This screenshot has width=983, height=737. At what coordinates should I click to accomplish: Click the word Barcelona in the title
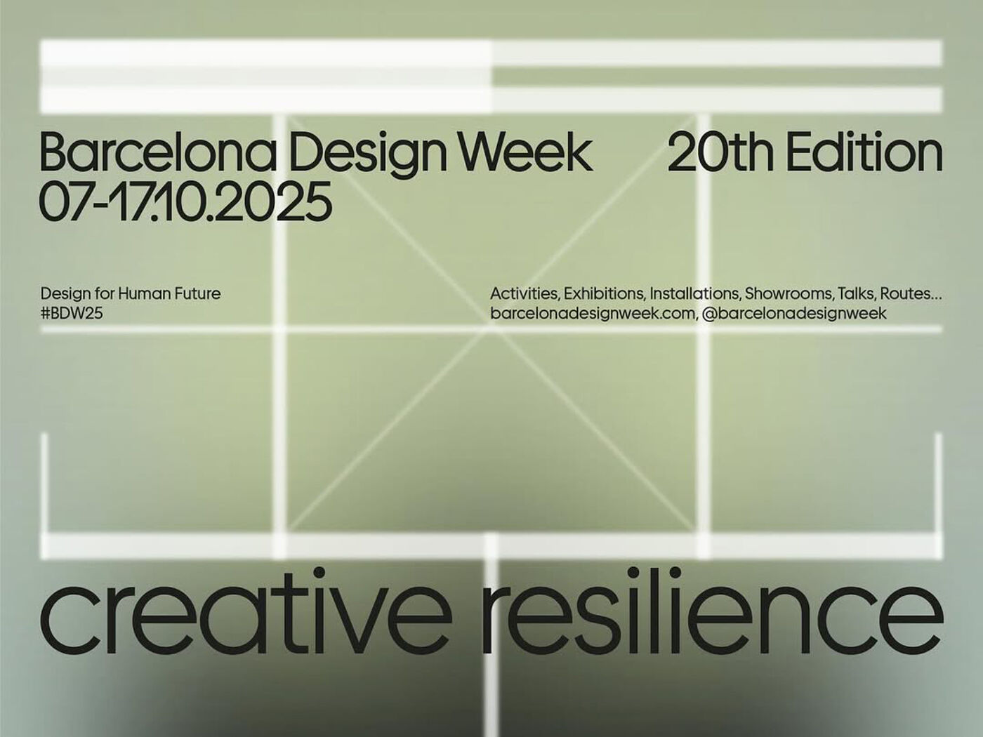click(x=157, y=152)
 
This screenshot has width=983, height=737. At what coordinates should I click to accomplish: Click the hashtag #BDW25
click(x=72, y=314)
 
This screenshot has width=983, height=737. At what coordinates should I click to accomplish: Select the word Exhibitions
click(x=605, y=294)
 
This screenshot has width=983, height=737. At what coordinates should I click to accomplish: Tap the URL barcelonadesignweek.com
click(x=593, y=314)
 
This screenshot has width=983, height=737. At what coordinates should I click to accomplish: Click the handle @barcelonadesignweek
click(x=794, y=314)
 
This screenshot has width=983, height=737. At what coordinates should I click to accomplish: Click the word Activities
click(x=525, y=294)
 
